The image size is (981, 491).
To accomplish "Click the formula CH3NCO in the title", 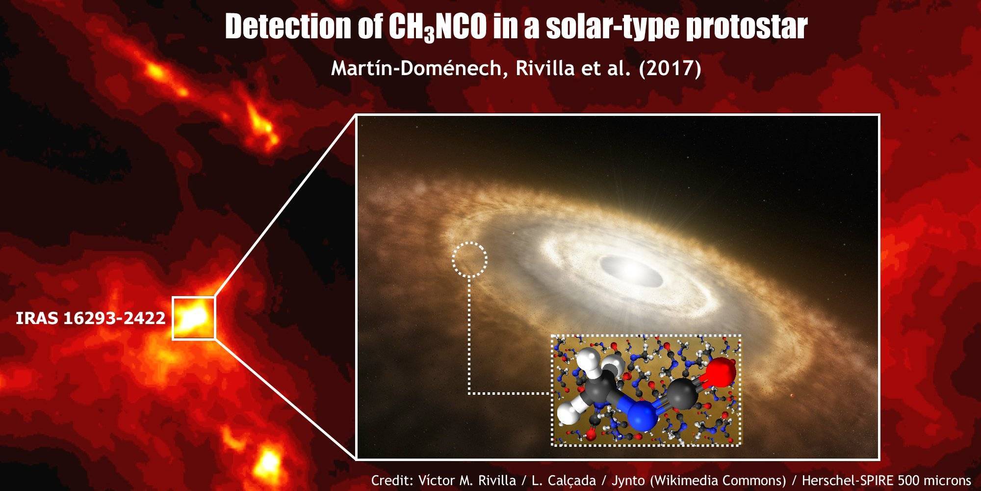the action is click(438, 27).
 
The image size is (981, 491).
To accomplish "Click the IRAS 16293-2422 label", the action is click(91, 318).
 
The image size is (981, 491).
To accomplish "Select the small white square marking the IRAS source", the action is click(194, 318).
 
